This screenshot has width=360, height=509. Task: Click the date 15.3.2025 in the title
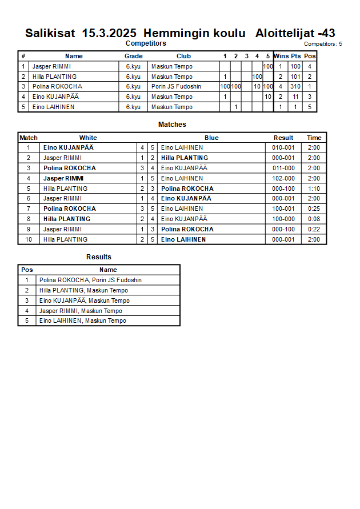109,33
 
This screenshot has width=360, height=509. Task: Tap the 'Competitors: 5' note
323,44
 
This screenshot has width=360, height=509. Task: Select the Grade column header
134,56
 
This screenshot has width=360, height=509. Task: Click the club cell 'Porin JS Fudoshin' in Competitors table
176,87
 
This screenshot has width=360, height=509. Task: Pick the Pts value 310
295,87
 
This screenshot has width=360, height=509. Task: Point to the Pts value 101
295,77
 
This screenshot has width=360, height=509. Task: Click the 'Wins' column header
281,56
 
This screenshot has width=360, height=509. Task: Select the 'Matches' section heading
172,125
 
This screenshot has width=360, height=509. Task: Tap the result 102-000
283,178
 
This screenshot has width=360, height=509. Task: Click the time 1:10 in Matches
314,189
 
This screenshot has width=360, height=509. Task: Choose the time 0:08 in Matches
314,219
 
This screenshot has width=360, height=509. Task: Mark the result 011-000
283,168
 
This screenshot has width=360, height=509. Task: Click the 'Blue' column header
211,138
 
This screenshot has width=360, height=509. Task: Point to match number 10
28,239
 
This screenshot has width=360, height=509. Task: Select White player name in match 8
67,219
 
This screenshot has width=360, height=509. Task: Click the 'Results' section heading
99,257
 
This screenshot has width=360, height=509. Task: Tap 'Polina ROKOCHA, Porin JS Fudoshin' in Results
90,280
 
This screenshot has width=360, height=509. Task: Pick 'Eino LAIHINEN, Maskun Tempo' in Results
83,320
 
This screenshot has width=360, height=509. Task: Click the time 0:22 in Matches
314,229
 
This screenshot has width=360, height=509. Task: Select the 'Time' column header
314,138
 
